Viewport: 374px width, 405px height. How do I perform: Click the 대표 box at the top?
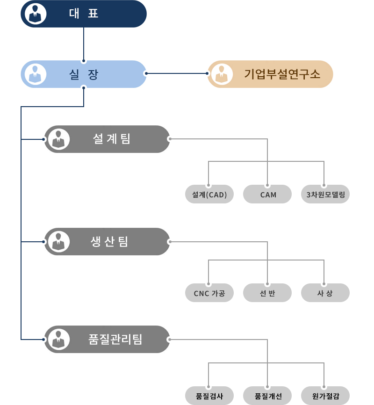(x=84, y=14)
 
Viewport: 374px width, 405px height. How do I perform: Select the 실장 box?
(x=84, y=74)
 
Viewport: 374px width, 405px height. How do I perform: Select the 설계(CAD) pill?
(x=209, y=195)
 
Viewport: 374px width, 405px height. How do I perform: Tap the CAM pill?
(x=267, y=195)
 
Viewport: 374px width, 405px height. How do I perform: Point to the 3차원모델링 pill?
(x=325, y=195)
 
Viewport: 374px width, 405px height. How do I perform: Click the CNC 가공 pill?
(x=209, y=293)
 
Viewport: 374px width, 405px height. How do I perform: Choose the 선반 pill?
(x=267, y=293)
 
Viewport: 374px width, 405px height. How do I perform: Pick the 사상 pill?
(x=325, y=293)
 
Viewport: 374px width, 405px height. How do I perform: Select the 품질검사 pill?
(x=209, y=396)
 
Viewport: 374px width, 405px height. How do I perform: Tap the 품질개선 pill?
(x=267, y=396)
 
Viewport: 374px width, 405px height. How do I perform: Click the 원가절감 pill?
(x=325, y=396)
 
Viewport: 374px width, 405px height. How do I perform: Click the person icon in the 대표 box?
(x=35, y=14)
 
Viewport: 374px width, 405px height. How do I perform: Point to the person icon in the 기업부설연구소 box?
(x=222, y=74)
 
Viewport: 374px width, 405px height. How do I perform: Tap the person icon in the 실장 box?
(x=35, y=74)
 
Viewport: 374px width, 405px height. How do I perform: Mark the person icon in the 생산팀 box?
(x=58, y=241)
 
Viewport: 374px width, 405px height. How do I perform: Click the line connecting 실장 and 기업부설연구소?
(x=177, y=73)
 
